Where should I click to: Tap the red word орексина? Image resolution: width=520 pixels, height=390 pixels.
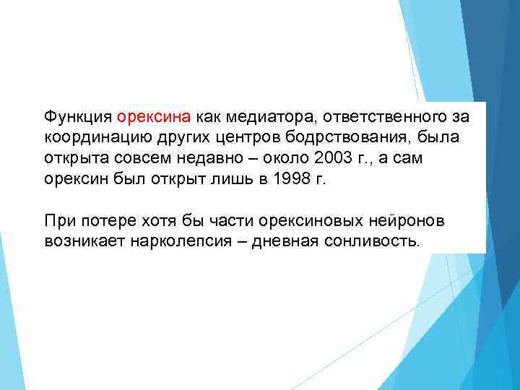click(x=153, y=117)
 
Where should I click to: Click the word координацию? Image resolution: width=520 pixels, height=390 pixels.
click(x=90, y=137)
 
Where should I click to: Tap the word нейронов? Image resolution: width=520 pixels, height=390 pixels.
click(x=393, y=220)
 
